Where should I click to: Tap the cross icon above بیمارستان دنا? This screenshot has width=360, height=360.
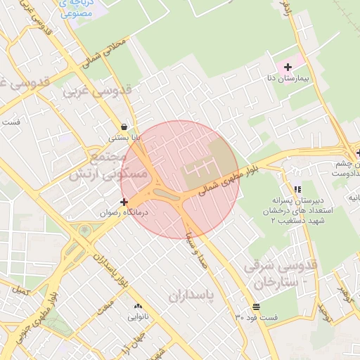pos(288,67)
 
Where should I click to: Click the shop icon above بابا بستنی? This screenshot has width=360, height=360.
pos(124,127)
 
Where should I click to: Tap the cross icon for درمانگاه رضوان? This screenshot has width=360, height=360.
pos(124,202)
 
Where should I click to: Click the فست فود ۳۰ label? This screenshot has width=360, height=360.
pos(257,318)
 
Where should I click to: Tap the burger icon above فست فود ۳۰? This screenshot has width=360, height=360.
pos(256,307)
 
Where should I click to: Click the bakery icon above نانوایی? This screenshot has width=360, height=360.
pos(138,307)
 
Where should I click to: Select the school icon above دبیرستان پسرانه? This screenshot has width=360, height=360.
pos(298,189)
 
